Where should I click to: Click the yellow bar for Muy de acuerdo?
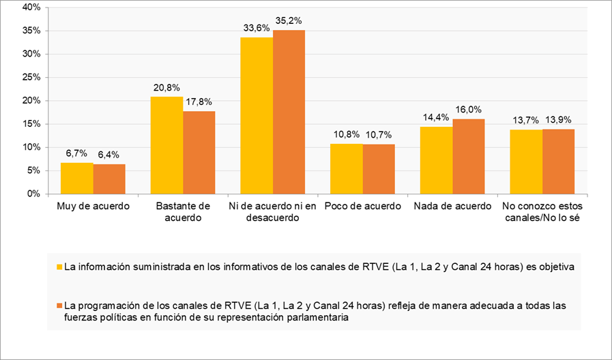click(77, 178)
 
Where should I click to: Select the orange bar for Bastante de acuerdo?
click(199, 152)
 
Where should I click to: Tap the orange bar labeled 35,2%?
click(289, 112)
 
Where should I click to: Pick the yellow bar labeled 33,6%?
click(257, 115)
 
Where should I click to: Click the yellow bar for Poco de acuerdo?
click(346, 168)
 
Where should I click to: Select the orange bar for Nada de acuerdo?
click(468, 156)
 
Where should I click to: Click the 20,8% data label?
click(166, 88)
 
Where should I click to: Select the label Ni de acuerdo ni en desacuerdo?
click(272, 211)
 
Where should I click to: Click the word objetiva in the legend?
click(553, 267)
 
